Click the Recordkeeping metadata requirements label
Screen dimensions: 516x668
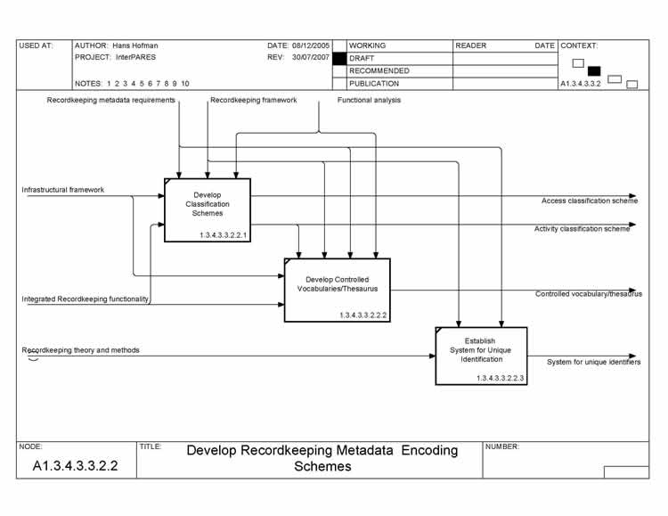pos(110,101)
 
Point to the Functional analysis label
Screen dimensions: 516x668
pos(369,101)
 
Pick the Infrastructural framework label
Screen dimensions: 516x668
pos(63,190)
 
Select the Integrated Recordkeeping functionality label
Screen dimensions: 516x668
pos(86,299)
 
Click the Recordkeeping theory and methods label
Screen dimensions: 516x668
pos(80,350)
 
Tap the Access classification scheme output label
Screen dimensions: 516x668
pos(589,201)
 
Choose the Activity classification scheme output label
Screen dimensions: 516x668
pos(582,229)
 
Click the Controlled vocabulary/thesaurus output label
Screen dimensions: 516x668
pos(588,294)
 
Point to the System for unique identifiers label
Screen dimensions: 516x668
pos(593,362)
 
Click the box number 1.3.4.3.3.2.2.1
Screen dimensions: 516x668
pos(223,235)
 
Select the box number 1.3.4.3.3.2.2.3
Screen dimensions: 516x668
pos(501,379)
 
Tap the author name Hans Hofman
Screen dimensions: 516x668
pos(134,45)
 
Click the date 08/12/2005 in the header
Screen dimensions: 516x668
pos(311,45)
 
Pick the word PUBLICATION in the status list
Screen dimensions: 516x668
pos(374,84)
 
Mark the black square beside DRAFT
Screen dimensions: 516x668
pos(338,58)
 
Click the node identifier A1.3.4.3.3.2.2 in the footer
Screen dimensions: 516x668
pos(75,465)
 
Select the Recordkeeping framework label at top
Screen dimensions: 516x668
pos(254,101)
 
